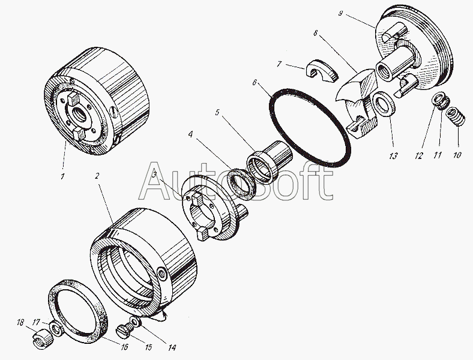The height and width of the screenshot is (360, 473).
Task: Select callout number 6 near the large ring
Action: click(255, 84)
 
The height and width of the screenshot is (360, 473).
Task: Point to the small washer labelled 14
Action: click(137, 322)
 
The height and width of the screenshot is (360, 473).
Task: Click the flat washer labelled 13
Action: click(382, 106)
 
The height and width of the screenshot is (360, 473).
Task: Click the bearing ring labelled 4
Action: click(243, 182)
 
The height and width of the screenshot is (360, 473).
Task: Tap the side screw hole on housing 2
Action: click(164, 275)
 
